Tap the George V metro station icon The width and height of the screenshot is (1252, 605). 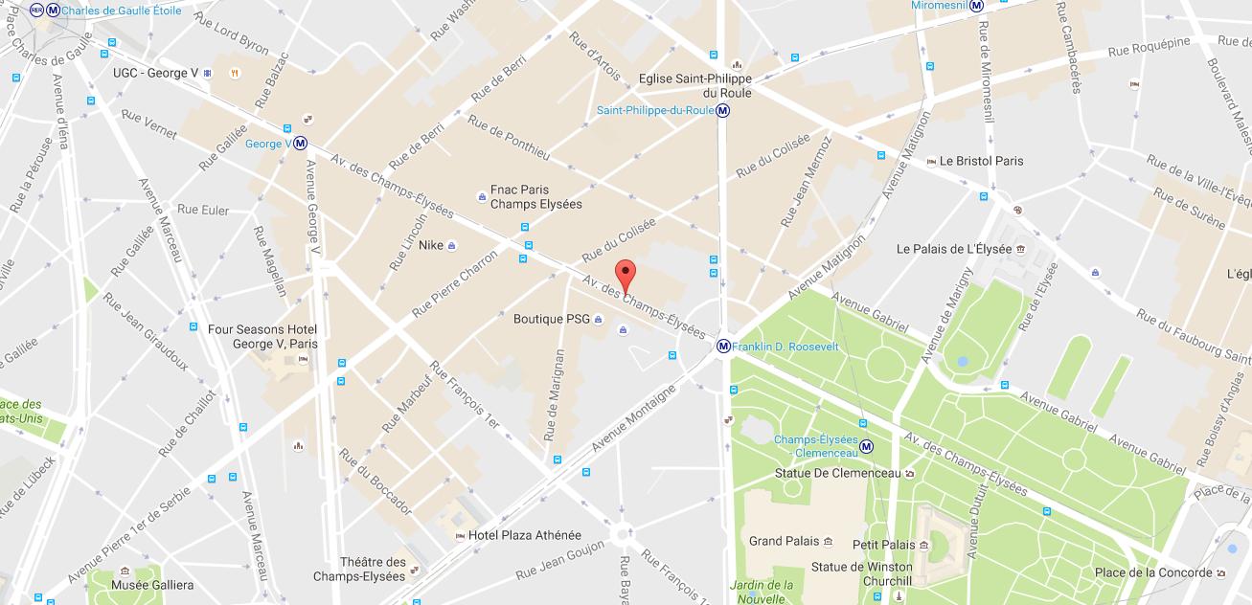[301, 144]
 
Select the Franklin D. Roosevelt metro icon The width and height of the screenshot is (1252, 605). [723, 347]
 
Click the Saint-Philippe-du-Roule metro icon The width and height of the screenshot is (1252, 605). [723, 110]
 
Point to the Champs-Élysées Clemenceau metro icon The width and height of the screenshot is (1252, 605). [866, 445]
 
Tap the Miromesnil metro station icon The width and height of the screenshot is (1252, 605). [976, 6]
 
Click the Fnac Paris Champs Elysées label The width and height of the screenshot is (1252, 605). [535, 196]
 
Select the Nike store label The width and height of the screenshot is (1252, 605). [431, 245]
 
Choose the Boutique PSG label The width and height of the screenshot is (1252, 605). [551, 319]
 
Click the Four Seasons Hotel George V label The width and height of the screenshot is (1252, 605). [262, 336]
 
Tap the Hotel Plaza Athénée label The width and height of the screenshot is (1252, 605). [524, 535]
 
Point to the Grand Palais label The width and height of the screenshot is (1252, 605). [784, 541]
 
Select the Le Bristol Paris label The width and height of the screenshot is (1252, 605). [981, 161]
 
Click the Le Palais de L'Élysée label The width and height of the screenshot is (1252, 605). [953, 249]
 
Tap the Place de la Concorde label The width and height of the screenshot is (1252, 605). [1153, 572]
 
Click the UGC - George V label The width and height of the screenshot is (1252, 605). [155, 73]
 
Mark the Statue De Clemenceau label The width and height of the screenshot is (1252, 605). [837, 473]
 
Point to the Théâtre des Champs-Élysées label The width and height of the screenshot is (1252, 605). [359, 569]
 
